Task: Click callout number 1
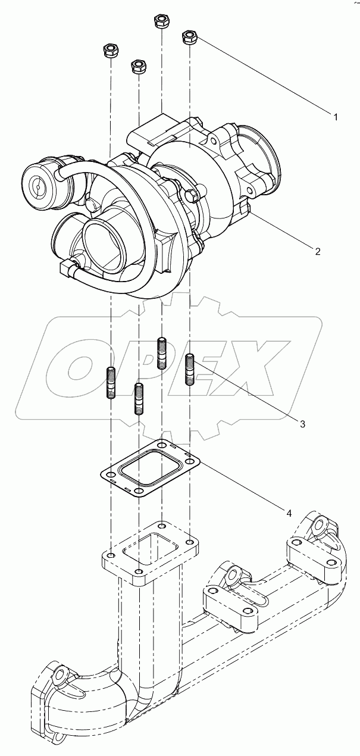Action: click(x=336, y=117)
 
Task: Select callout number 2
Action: click(x=318, y=251)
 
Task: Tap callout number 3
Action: click(x=302, y=424)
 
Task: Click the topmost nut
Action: click(x=161, y=21)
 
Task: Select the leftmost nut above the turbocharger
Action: click(x=110, y=51)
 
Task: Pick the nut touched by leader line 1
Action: click(x=190, y=37)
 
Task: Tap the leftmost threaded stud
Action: click(x=111, y=384)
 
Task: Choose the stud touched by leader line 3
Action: click(x=190, y=369)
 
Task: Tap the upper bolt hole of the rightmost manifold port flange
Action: click(x=320, y=525)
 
